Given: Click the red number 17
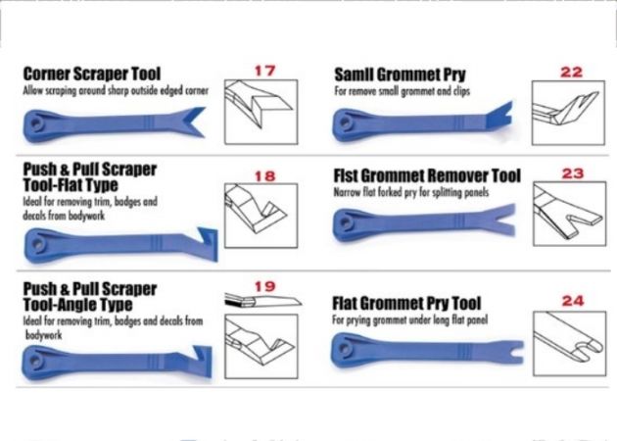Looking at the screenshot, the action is pyautogui.click(x=264, y=71).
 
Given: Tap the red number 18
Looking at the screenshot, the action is pyautogui.click(x=264, y=176).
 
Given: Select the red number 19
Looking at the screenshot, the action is pyautogui.click(x=264, y=286).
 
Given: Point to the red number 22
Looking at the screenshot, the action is pyautogui.click(x=571, y=73).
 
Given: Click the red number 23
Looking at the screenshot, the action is pyautogui.click(x=573, y=173).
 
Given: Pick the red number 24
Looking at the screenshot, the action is pyautogui.click(x=573, y=301).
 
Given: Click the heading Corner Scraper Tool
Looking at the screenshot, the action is pyautogui.click(x=92, y=73).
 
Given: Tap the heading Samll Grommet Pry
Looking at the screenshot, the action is pyautogui.click(x=400, y=74).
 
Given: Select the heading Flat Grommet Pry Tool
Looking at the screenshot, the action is pyautogui.click(x=406, y=303).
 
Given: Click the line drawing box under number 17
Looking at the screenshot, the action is pyautogui.click(x=261, y=113).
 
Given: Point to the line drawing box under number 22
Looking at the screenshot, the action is pyautogui.click(x=568, y=113).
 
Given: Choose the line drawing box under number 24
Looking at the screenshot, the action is pyautogui.click(x=569, y=344).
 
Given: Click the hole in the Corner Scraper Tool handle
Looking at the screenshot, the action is pyautogui.click(x=37, y=123).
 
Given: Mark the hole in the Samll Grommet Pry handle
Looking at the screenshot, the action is pyautogui.click(x=346, y=122).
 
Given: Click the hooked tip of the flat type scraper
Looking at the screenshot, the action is pyautogui.click(x=207, y=243).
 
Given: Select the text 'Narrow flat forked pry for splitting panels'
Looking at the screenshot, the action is pyautogui.click(x=411, y=192).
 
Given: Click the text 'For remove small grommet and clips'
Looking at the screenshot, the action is pyautogui.click(x=403, y=91).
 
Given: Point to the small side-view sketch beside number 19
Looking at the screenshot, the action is pyautogui.click(x=262, y=301).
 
